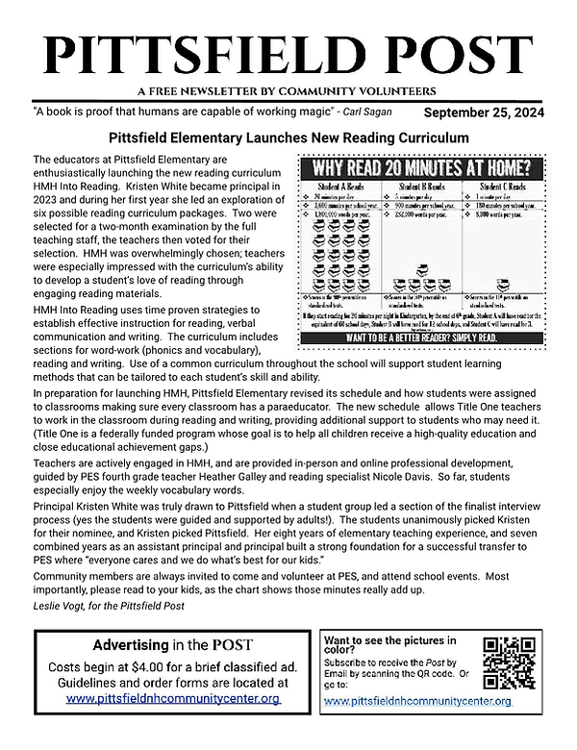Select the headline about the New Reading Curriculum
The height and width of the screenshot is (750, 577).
coord(288,138)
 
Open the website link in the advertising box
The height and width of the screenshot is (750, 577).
coord(174,699)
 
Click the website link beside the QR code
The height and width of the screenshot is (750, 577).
coord(417,701)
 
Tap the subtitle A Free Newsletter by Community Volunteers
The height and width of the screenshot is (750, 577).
coord(288,91)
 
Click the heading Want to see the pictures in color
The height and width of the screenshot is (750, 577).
coord(389,645)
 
